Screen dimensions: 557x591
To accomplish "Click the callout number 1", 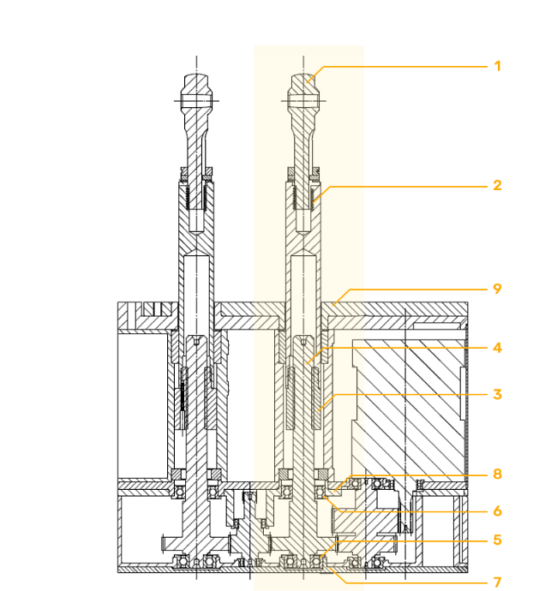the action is click(497, 66).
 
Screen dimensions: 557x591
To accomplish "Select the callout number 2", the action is click(497, 186).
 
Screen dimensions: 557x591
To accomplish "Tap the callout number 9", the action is click(497, 289).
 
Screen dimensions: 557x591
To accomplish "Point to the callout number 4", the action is click(497, 348).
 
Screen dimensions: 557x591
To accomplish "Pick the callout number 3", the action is click(497, 395).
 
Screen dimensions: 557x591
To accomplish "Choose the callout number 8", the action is click(497, 474).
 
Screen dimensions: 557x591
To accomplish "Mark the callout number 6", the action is click(497, 511).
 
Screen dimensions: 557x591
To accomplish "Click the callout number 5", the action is click(497, 540).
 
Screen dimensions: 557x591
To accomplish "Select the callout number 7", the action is click(497, 582).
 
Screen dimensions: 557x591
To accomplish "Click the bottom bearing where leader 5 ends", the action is click(316, 562).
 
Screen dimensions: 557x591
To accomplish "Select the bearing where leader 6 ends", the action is click(320, 492).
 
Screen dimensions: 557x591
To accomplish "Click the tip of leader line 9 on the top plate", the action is click(333, 305).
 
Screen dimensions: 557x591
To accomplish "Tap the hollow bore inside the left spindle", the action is click(196, 294).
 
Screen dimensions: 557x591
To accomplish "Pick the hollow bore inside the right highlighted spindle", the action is click(303, 294).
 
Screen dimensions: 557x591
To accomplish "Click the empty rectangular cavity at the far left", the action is click(142, 405).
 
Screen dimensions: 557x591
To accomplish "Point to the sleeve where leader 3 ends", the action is click(317, 398).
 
